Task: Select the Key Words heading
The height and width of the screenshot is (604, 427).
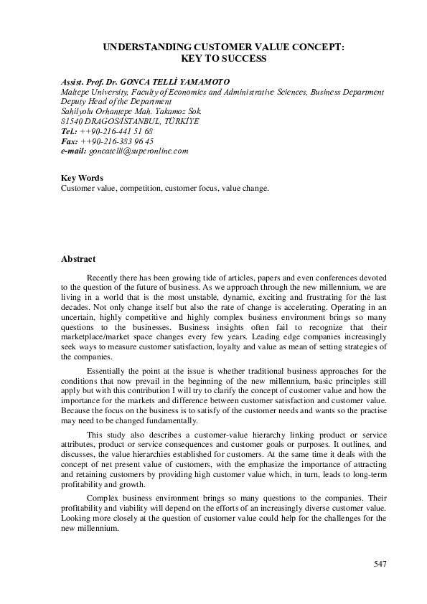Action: point(82,178)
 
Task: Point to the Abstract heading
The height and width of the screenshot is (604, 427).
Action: point(78,258)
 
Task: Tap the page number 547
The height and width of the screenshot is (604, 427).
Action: point(380,563)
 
